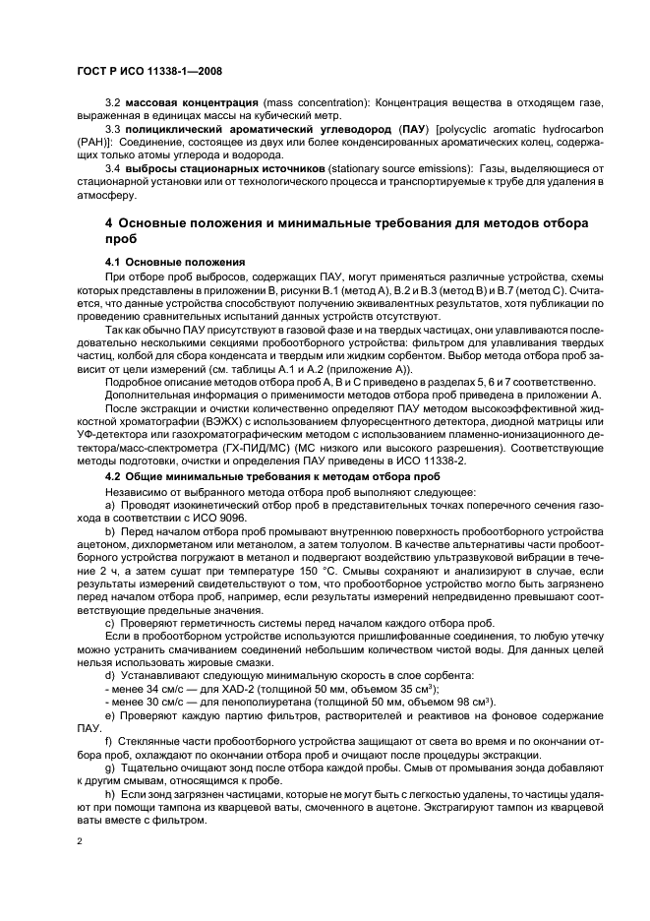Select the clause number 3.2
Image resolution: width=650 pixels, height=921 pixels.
113,103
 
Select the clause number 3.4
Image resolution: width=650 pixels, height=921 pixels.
113,169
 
